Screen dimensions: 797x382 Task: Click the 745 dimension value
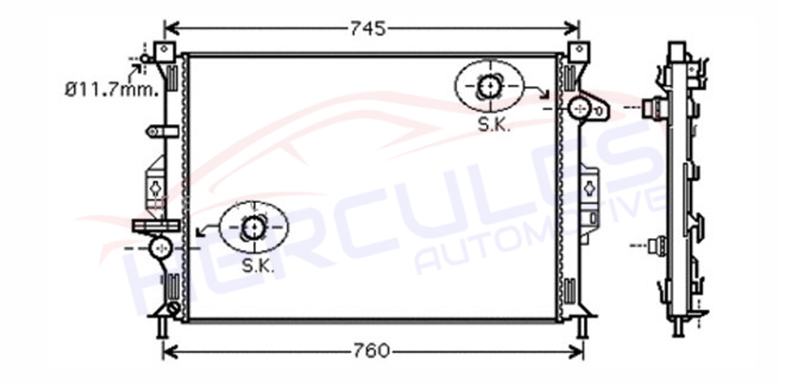pyautogui.click(x=368, y=29)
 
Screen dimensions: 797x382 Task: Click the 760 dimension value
pyautogui.click(x=372, y=350)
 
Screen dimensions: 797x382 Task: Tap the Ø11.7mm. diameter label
pyautogui.click(x=112, y=90)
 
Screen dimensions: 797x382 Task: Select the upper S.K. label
pyautogui.click(x=494, y=125)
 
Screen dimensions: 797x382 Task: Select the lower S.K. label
pyautogui.click(x=258, y=266)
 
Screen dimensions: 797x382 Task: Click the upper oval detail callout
pyautogui.click(x=489, y=86)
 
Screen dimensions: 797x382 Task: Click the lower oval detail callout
pyautogui.click(x=253, y=227)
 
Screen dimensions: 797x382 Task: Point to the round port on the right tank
pyautogui.click(x=579, y=108)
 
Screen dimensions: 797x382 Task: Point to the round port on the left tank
pyautogui.click(x=161, y=247)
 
